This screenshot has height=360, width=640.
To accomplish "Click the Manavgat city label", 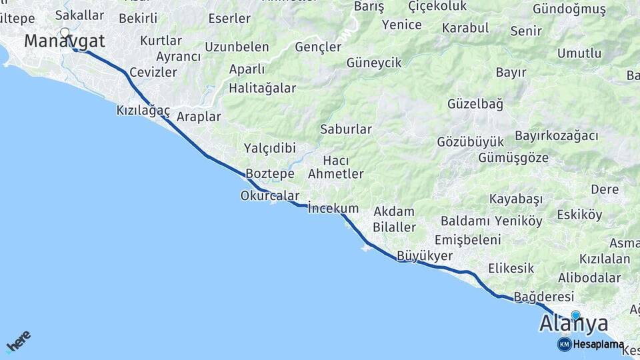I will coord(65,41).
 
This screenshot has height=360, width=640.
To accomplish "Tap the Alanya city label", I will coord(573,324).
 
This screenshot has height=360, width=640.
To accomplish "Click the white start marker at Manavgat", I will coord(65,32).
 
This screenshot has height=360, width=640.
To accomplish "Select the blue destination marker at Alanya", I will coord(575,315).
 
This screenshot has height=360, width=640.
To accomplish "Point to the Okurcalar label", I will coord(269,196).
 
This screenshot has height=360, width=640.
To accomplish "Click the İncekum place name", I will coord(333,209).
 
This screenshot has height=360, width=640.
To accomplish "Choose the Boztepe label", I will coord(270,174).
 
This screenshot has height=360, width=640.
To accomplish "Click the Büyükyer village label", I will coord(425,255).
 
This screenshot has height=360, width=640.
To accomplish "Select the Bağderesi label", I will coord(544,296).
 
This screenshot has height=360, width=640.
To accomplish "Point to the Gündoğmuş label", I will coord(569,9).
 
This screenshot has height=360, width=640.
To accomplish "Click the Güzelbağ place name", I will coord(475,104).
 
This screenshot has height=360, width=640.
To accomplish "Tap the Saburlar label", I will coord(345,129).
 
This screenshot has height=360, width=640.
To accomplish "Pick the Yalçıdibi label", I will coord(269,148).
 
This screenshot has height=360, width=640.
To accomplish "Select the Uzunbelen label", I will coord(237,47).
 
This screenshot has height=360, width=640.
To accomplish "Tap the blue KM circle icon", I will coord(564,344).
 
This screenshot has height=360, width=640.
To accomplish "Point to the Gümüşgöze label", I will coord(513,158).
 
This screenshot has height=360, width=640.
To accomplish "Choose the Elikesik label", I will coord(511,268).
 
